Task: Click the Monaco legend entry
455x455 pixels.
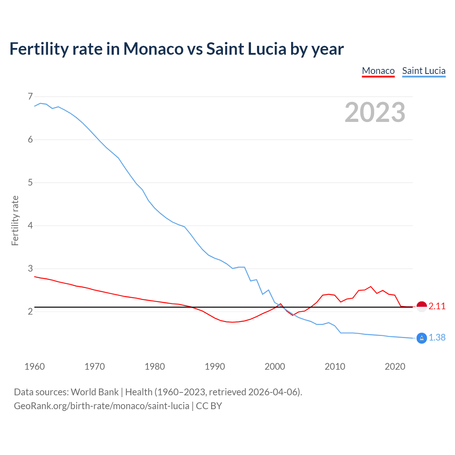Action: pyautogui.click(x=378, y=71)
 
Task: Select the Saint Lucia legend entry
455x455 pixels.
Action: pyautogui.click(x=424, y=71)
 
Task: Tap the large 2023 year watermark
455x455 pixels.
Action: pyautogui.click(x=375, y=112)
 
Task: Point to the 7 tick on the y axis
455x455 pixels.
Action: pyautogui.click(x=30, y=96)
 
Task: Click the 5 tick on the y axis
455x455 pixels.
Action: pyautogui.click(x=30, y=182)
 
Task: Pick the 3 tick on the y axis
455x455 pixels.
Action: pyautogui.click(x=30, y=268)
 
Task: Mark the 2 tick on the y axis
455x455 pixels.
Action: pyautogui.click(x=30, y=311)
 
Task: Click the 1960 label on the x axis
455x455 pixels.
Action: pyautogui.click(x=34, y=366)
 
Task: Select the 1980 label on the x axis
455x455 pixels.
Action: pyautogui.click(x=155, y=366)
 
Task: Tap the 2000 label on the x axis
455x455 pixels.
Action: pyautogui.click(x=275, y=366)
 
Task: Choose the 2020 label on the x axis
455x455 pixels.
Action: pyautogui.click(x=395, y=366)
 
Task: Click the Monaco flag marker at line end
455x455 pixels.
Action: pyautogui.click(x=422, y=306)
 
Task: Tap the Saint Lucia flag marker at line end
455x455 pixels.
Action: pyautogui.click(x=422, y=338)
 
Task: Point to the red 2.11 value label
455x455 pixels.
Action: pyautogui.click(x=437, y=306)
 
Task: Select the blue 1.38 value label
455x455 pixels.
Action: pyautogui.click(x=437, y=338)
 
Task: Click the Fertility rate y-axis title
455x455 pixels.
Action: pyautogui.click(x=15, y=220)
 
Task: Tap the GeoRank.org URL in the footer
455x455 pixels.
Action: pyautogui.click(x=101, y=406)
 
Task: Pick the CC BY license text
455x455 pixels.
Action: pyautogui.click(x=209, y=406)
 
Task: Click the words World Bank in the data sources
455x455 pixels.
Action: pyautogui.click(x=95, y=392)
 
